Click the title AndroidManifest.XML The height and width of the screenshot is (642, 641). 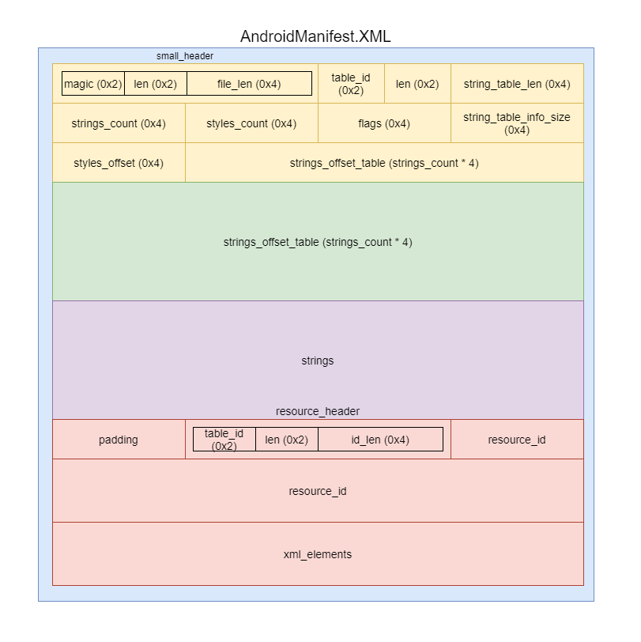pyautogui.click(x=315, y=36)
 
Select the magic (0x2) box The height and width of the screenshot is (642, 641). pyautogui.click(x=93, y=84)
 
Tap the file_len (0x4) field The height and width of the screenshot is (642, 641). pyautogui.click(x=249, y=84)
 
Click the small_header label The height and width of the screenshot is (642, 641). pyautogui.click(x=185, y=56)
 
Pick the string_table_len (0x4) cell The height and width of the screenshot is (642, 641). pyautogui.click(x=517, y=84)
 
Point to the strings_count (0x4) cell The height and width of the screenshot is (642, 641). pyautogui.click(x=119, y=123)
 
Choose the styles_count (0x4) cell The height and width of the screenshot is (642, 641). pyautogui.click(x=251, y=123)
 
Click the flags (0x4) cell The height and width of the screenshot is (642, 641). pyautogui.click(x=384, y=123)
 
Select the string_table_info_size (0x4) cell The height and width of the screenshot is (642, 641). pyautogui.click(x=517, y=123)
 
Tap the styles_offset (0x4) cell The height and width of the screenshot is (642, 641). pyautogui.click(x=119, y=163)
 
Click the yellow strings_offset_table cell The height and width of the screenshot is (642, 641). pyautogui.click(x=384, y=163)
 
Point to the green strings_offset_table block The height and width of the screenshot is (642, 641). pyautogui.click(x=318, y=242)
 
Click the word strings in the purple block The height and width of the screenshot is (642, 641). pyautogui.click(x=318, y=361)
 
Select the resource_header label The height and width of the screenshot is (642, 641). pyautogui.click(x=318, y=411)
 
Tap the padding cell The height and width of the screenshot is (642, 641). pyautogui.click(x=119, y=440)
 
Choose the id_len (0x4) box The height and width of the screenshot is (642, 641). pyautogui.click(x=380, y=440)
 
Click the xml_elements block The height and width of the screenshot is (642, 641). pyautogui.click(x=318, y=554)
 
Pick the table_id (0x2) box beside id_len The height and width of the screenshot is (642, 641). pyautogui.click(x=224, y=440)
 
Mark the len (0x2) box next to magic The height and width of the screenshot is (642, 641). pyautogui.click(x=156, y=84)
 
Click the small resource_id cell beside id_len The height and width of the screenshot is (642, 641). pyautogui.click(x=517, y=440)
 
